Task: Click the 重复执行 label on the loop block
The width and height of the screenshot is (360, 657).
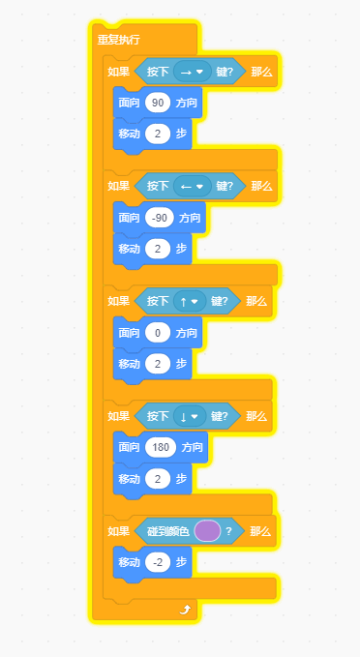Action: point(119,40)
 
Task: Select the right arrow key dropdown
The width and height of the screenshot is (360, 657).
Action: point(193,72)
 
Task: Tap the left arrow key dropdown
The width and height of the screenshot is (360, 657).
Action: point(193,186)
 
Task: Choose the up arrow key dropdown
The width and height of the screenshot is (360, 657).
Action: point(190,301)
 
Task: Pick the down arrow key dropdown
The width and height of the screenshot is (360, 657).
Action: point(190,416)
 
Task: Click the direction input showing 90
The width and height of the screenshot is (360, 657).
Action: point(158,104)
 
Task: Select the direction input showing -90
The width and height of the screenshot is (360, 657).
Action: point(160,218)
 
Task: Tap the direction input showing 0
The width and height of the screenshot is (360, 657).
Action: point(158,333)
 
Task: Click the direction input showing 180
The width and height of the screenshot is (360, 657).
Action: point(161,447)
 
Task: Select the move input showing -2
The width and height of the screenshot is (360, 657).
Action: point(158,563)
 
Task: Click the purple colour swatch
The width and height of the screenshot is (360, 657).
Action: point(207,531)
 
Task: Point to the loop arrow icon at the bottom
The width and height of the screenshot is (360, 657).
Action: point(185,610)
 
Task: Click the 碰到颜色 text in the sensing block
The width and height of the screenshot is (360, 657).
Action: point(168,532)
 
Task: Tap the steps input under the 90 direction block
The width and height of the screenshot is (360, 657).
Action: point(158,134)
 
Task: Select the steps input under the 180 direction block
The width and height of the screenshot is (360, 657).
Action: point(158,479)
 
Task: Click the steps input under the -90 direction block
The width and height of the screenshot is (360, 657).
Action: point(158,249)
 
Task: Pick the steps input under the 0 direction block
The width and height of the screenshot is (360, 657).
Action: point(158,364)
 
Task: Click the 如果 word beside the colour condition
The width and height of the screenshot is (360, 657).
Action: point(119,532)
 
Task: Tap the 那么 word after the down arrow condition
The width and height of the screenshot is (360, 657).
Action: point(256,416)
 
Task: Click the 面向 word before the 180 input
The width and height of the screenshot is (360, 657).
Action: point(129,447)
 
